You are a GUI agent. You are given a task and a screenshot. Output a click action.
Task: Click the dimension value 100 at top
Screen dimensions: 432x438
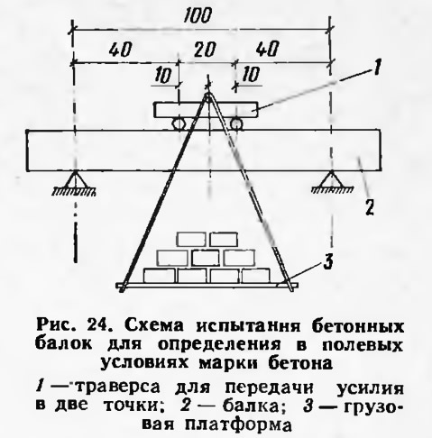[198, 15]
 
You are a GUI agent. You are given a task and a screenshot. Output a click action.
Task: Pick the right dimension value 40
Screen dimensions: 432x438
[268, 49]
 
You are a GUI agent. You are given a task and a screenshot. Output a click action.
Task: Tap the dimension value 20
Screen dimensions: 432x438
[205, 49]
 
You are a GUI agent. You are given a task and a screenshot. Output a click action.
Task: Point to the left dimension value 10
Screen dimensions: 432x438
[163, 75]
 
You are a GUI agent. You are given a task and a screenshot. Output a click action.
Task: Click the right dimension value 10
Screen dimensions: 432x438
[250, 74]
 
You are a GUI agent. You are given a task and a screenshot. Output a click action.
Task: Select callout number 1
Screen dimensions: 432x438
[376, 67]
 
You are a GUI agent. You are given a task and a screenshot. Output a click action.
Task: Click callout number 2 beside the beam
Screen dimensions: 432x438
[370, 207]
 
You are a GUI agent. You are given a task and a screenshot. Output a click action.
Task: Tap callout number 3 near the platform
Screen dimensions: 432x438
[327, 261]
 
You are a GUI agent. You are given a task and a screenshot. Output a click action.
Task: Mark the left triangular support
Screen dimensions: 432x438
[74, 182]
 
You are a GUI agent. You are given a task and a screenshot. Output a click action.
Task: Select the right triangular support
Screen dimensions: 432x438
[332, 181]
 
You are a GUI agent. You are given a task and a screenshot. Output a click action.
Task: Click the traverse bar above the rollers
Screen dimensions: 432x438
[207, 110]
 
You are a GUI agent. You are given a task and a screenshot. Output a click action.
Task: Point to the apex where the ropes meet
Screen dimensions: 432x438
[207, 95]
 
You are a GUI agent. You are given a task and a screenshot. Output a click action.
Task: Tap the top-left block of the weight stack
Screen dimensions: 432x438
[191, 240]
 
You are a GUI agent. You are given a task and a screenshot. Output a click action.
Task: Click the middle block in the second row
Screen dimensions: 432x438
[206, 258]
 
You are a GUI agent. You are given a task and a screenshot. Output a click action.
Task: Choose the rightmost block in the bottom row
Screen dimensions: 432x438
[256, 276]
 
